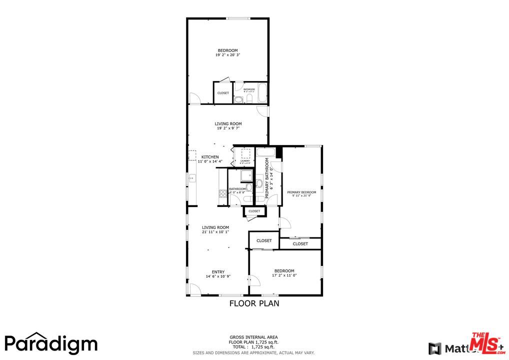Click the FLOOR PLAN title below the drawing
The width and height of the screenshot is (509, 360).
tap(254, 303)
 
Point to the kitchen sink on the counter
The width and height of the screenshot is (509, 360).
tap(191, 177)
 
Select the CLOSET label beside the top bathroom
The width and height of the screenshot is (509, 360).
tap(223, 93)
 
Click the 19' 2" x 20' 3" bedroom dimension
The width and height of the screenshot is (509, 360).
tap(227, 55)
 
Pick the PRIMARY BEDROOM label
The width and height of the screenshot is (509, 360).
tap(301, 192)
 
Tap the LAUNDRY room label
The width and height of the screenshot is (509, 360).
tap(244, 161)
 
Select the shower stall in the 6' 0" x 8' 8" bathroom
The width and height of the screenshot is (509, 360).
tap(245, 176)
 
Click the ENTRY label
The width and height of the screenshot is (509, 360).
tap(218, 272)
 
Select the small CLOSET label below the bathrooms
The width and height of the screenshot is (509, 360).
tap(254, 211)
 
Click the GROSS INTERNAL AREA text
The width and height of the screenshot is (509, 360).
tap(253, 337)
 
